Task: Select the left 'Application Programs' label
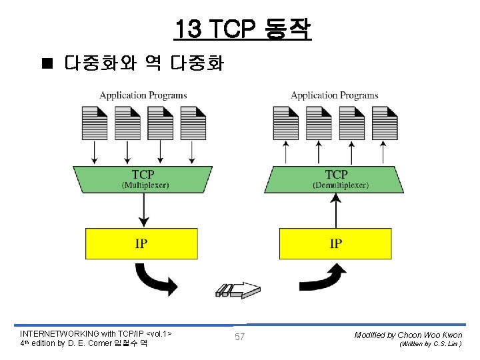[143, 95]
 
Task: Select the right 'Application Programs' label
[335, 95]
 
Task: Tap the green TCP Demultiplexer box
[335, 179]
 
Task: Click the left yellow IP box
[141, 243]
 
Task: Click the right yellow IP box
[335, 243]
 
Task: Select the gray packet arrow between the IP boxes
[237, 289]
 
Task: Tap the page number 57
[239, 337]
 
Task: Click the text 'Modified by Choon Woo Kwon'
[408, 335]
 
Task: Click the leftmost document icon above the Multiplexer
[94, 122]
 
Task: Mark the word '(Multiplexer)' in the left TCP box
[145, 185]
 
